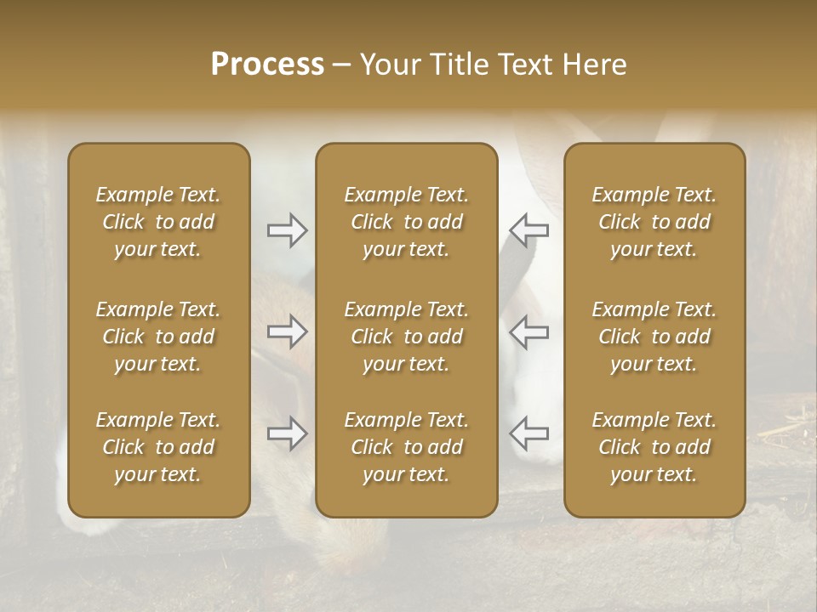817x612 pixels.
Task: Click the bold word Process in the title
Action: pyautogui.click(x=267, y=64)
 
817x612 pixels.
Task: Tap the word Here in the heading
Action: pyautogui.click(x=594, y=64)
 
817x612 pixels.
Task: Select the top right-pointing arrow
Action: pyautogui.click(x=288, y=229)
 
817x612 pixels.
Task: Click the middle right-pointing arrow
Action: pyautogui.click(x=288, y=331)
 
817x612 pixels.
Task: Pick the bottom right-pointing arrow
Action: pyautogui.click(x=288, y=433)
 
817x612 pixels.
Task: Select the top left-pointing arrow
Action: pyautogui.click(x=528, y=229)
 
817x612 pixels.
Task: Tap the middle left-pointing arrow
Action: pyautogui.click(x=528, y=331)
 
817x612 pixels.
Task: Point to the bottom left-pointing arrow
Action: pyautogui.click(x=528, y=433)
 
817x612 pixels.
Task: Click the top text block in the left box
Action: pyautogui.click(x=158, y=222)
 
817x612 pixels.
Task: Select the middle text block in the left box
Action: pyautogui.click(x=158, y=337)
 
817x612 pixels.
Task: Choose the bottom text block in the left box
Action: pyautogui.click(x=158, y=447)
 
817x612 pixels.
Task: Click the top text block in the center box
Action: pyautogui.click(x=406, y=222)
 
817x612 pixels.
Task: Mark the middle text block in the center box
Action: pyautogui.click(x=406, y=337)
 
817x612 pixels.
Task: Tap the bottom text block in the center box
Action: pyautogui.click(x=406, y=447)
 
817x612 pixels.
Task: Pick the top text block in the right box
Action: pyautogui.click(x=654, y=222)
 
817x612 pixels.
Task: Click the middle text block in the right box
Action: pyautogui.click(x=654, y=337)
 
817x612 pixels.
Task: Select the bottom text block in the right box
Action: pyautogui.click(x=654, y=447)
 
